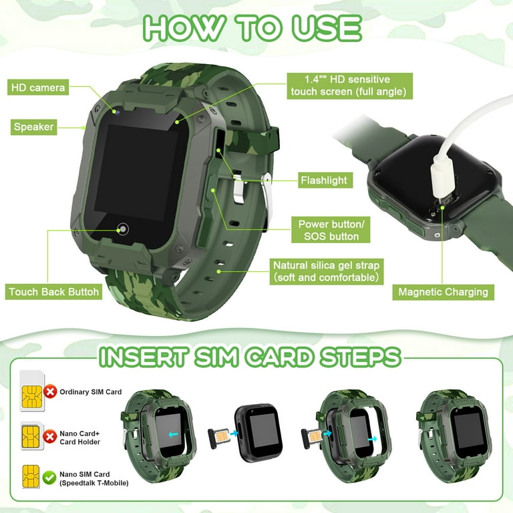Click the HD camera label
[x=38, y=88]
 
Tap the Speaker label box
[x=33, y=127]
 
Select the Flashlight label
[x=325, y=180]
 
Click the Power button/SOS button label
[x=331, y=230]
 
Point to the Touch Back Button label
[x=53, y=292]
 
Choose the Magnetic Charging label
[x=443, y=292]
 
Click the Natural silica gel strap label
[x=327, y=272]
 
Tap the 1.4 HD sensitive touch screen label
[x=350, y=85]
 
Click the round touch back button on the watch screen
[x=123, y=229]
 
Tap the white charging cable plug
[x=444, y=176]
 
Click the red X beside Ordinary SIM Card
[x=50, y=391]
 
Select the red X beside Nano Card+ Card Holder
[x=50, y=436]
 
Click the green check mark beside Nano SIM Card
[x=49, y=478]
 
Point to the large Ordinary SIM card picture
[x=32, y=391]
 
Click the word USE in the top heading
[x=327, y=28]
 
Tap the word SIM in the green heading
[x=216, y=357]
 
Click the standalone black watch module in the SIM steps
[x=259, y=433]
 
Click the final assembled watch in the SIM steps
[x=454, y=436]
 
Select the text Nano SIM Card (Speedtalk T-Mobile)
[x=94, y=479]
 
